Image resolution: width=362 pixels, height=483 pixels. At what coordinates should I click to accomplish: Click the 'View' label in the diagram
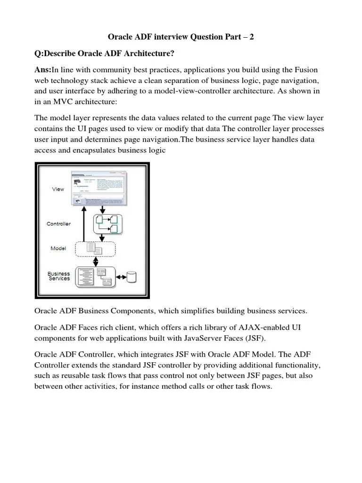(58, 189)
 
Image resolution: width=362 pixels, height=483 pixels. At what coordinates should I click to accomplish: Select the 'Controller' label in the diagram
(59, 224)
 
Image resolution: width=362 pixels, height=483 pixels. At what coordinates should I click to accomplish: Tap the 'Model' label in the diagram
(58, 248)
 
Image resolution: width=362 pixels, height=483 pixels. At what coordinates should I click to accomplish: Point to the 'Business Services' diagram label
(59, 276)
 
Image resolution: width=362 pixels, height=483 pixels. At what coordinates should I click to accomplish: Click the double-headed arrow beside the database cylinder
(120, 276)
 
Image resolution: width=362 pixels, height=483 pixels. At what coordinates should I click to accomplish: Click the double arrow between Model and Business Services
(97, 260)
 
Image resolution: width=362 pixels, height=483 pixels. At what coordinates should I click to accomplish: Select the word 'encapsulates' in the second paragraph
(88, 150)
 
